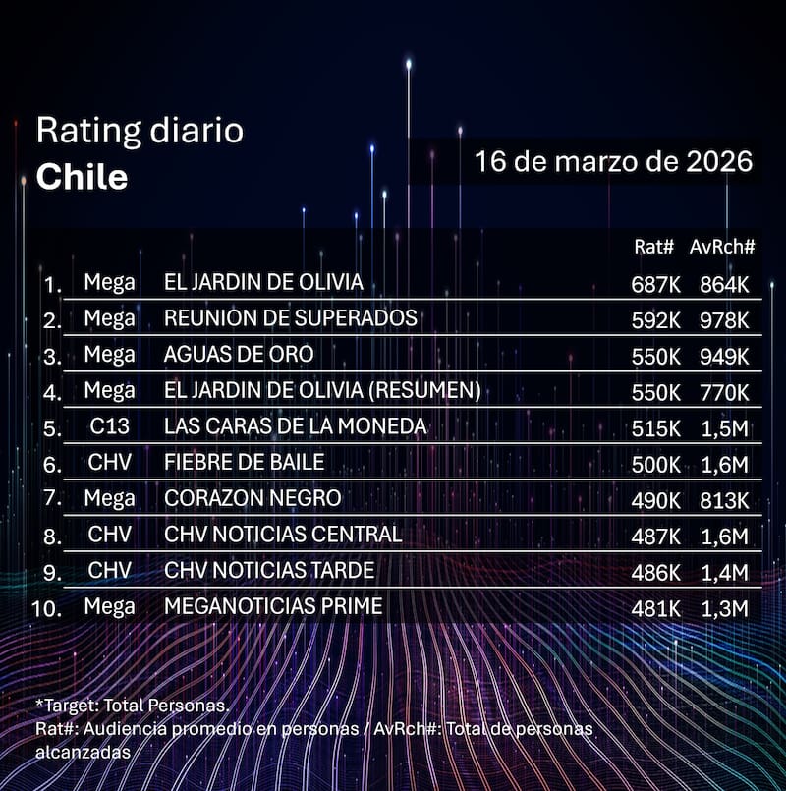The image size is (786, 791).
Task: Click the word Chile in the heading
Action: click(82, 177)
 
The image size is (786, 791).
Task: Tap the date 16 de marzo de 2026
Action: click(613, 161)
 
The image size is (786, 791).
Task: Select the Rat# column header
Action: click(654, 248)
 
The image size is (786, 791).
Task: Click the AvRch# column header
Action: click(721, 248)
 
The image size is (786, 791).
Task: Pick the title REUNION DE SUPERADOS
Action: click(290, 318)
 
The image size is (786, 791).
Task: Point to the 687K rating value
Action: click(655, 284)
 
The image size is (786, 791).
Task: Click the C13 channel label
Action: click(109, 426)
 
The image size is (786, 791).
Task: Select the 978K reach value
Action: click(724, 320)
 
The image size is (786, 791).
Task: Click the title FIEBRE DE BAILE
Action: click(244, 463)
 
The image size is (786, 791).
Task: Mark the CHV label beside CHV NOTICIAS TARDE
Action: click(109, 571)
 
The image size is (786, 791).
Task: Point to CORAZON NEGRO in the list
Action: click(253, 498)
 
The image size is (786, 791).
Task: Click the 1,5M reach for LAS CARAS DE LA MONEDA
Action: click(724, 428)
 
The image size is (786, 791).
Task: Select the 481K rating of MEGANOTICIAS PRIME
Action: click(655, 608)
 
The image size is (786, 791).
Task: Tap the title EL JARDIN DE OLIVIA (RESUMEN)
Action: click(322, 390)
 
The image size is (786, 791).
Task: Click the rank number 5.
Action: click(52, 428)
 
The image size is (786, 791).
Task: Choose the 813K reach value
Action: click(724, 500)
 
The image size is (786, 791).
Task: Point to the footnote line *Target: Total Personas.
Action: click(132, 706)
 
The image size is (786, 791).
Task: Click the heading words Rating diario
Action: click(140, 131)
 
